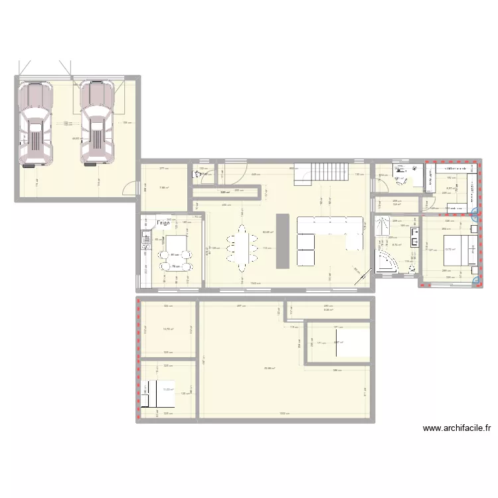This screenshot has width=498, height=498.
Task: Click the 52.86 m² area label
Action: (x=270, y=369)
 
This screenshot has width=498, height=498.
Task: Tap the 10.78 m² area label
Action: (x=168, y=329)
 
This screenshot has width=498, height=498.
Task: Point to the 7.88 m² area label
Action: (x=163, y=188)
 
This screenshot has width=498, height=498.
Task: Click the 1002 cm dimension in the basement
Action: (x=283, y=414)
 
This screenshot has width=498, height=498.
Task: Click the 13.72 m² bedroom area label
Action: (x=450, y=250)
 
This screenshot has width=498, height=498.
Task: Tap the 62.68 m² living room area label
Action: (x=268, y=232)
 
